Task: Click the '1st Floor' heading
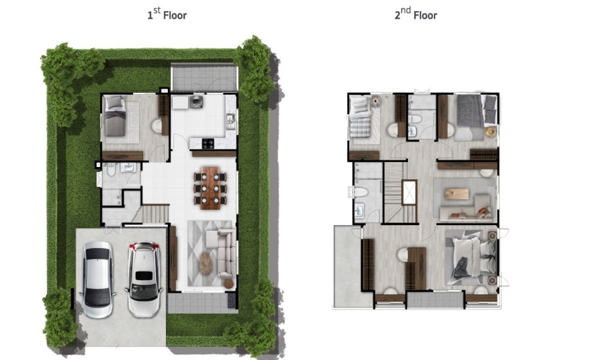click(167, 14)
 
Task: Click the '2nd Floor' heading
click(415, 14)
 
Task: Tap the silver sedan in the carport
click(97, 279)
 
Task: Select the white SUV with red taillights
click(144, 279)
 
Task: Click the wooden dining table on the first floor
click(210, 188)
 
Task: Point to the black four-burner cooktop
click(208, 143)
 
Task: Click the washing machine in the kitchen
click(196, 102)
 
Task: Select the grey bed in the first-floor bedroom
click(115, 116)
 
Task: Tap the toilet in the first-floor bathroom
click(111, 169)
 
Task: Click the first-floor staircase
click(155, 214)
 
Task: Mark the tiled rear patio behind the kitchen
click(204, 78)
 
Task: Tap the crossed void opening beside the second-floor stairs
click(409, 192)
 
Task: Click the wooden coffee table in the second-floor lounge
click(457, 193)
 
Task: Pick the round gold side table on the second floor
click(491, 132)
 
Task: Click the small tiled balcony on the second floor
click(435, 300)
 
